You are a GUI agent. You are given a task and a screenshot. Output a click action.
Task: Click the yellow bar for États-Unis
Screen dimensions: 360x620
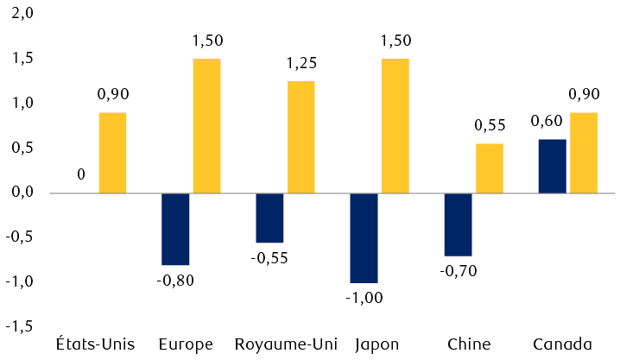pyautogui.click(x=112, y=153)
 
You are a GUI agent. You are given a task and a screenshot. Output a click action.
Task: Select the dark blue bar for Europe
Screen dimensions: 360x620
pyautogui.click(x=175, y=229)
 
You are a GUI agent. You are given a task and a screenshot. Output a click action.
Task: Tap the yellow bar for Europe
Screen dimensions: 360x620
pyautogui.click(x=206, y=126)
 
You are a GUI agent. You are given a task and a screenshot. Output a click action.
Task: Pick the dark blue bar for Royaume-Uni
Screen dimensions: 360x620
pyautogui.click(x=269, y=218)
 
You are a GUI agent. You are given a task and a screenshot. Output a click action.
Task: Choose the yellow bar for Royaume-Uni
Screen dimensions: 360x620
pyautogui.click(x=301, y=137)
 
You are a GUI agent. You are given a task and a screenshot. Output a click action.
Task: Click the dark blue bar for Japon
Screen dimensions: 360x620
pyautogui.click(x=364, y=237)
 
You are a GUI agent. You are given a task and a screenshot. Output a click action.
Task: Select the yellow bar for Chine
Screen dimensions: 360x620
pyautogui.click(x=489, y=168)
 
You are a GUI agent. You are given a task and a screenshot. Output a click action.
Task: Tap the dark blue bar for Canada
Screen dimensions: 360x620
pyautogui.click(x=552, y=166)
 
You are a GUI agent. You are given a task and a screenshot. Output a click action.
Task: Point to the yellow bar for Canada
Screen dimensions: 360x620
pyautogui.click(x=583, y=153)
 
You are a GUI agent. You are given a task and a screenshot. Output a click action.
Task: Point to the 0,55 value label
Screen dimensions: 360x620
pyautogui.click(x=490, y=125)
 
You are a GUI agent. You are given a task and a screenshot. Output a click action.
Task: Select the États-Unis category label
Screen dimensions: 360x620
pyautogui.click(x=95, y=344)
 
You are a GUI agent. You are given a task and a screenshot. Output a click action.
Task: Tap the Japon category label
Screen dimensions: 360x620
pyautogui.click(x=377, y=344)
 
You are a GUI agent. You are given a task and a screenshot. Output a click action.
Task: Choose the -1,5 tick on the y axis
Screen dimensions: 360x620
pyautogui.click(x=21, y=326)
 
